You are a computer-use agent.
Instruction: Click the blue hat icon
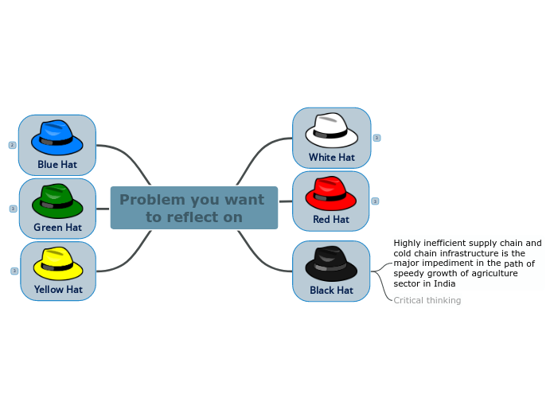57,138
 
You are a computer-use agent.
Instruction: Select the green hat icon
57,201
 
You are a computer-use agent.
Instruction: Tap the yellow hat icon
58,264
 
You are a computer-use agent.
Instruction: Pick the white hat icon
331,131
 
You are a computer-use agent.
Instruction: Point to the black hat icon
331,264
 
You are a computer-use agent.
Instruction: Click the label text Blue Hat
57,165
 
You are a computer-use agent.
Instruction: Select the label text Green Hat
57,228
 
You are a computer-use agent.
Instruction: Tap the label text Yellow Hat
58,290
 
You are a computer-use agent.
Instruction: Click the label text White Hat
332,158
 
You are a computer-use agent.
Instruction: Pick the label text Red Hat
331,220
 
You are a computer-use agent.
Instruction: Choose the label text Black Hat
331,291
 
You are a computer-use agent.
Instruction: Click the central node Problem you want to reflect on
193,209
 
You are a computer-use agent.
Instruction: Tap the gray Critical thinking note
427,301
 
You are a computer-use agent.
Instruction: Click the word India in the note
445,283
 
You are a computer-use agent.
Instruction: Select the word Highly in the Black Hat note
408,244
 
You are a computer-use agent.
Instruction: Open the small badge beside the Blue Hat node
12,145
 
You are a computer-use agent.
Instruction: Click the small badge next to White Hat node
376,138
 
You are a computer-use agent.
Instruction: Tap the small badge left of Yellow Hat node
14,271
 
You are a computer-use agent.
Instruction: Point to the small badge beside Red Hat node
375,201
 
